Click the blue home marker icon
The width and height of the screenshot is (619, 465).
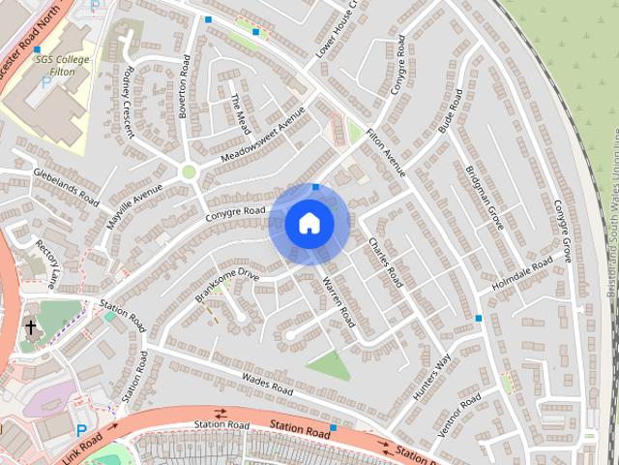[309, 224]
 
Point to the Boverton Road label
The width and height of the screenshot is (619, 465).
[184, 86]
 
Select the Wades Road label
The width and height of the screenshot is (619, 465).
[267, 384]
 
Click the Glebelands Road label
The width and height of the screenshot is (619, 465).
[67, 187]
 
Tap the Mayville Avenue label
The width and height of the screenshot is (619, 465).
[135, 204]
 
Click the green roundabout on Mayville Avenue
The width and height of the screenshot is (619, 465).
[189, 172]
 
